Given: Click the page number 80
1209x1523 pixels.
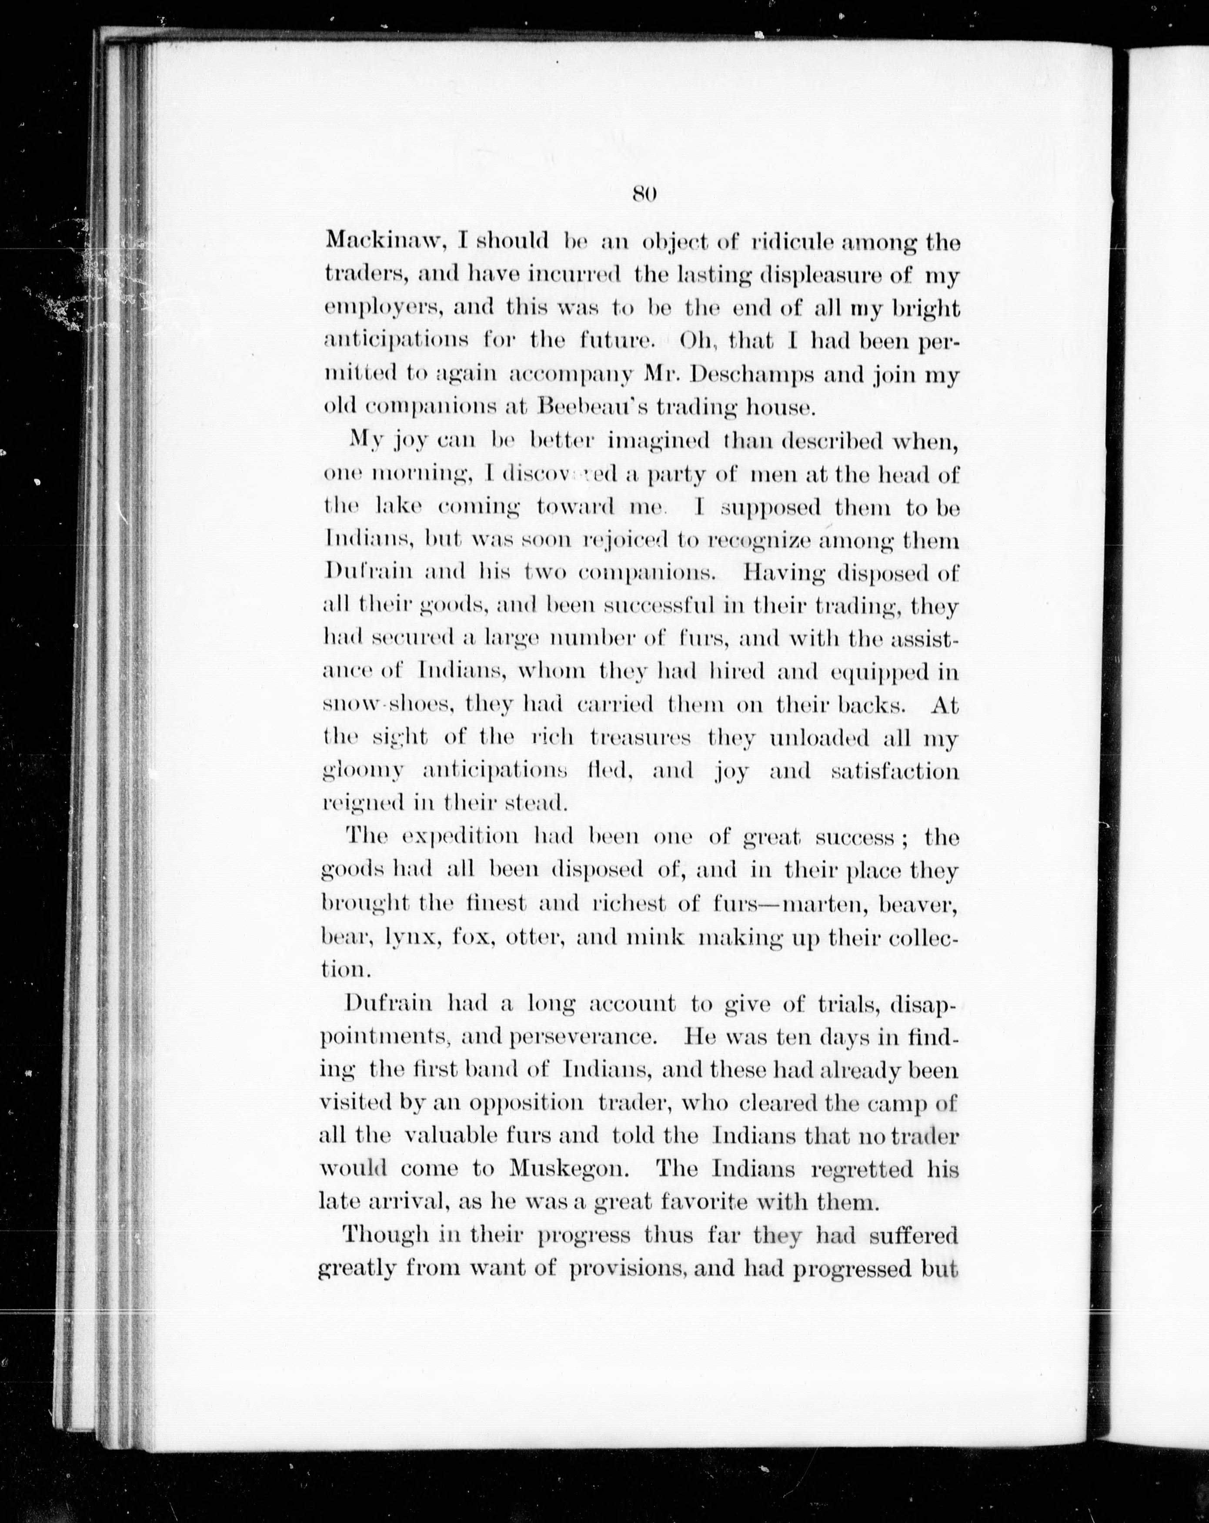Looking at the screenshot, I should coord(645,193).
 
